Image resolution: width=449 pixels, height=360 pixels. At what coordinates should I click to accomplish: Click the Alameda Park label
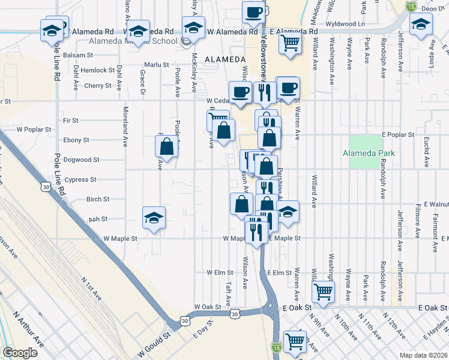click(369, 153)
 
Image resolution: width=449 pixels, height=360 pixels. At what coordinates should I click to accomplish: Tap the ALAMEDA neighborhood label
click(225, 59)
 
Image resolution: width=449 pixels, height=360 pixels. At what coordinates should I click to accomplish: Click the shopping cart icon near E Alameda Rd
click(290, 43)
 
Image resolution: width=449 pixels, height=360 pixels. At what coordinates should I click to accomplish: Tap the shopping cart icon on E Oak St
click(324, 292)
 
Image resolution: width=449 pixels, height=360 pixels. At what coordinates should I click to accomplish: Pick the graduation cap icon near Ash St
click(154, 218)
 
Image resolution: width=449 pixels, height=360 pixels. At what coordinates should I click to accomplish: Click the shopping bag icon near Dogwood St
click(166, 146)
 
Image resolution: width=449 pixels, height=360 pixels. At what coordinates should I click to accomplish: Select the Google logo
click(20, 353)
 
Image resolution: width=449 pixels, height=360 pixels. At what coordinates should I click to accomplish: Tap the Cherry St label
click(98, 86)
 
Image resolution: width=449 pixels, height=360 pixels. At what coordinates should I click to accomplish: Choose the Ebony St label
click(76, 140)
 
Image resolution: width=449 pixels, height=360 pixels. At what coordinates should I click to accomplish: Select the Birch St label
click(97, 199)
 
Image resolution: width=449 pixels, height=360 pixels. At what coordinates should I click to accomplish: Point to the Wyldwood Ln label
click(345, 24)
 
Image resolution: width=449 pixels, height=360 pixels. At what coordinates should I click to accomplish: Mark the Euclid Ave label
click(427, 151)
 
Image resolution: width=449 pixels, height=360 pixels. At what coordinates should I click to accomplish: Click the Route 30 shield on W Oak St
click(235, 313)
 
